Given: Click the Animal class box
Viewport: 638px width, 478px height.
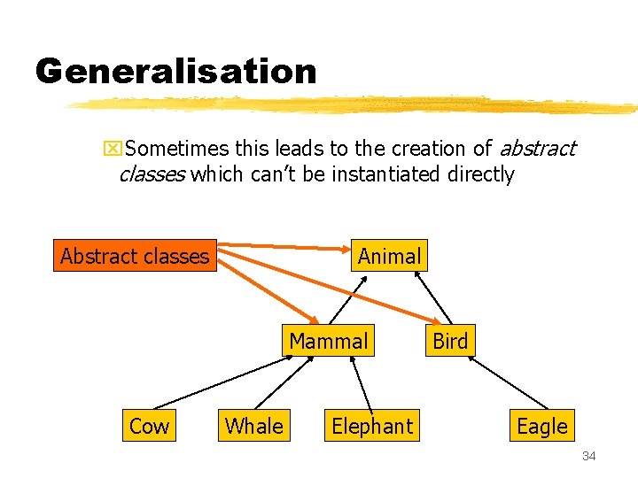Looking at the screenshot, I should (x=389, y=257).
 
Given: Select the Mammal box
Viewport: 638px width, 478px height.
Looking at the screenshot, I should (x=329, y=341).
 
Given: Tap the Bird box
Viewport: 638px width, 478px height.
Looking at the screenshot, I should (x=450, y=341).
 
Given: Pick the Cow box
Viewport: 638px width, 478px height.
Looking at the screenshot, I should (x=149, y=426).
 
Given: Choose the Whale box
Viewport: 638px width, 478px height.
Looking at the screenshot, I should (x=254, y=426).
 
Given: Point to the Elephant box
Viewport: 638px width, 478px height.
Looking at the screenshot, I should (x=372, y=426).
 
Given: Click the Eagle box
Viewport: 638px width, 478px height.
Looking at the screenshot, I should (x=541, y=426).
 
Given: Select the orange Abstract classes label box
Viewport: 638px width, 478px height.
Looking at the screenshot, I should (x=135, y=257).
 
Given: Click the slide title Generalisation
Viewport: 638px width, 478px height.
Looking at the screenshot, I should (x=175, y=71).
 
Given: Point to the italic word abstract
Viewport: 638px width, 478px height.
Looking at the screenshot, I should (x=537, y=149).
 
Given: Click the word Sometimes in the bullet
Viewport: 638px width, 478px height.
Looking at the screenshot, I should (x=177, y=149).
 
